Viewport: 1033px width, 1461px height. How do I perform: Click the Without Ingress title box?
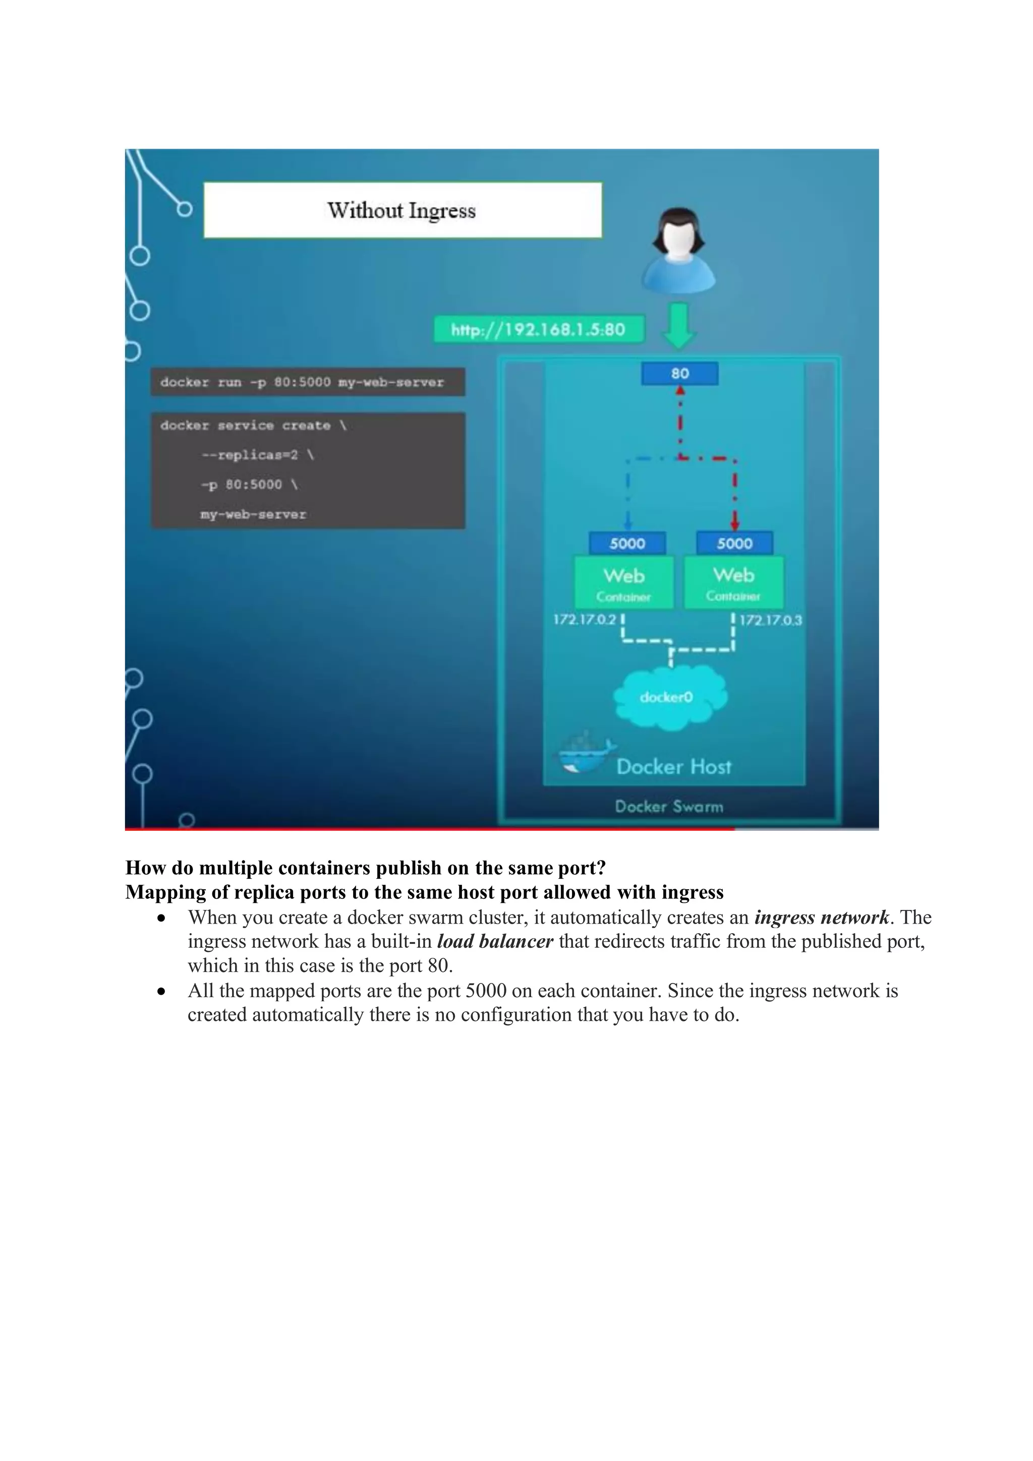[x=402, y=211]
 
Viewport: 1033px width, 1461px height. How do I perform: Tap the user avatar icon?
[x=678, y=250]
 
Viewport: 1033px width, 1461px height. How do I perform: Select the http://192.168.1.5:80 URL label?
[x=539, y=330]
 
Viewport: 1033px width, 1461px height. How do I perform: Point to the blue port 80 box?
[x=680, y=374]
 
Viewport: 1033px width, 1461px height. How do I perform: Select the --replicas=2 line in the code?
[x=257, y=455]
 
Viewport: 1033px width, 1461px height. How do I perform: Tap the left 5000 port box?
[x=627, y=543]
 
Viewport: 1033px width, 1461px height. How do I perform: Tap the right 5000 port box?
[x=734, y=543]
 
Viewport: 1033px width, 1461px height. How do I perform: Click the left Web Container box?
[x=624, y=583]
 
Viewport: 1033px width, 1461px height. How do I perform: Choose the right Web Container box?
[x=733, y=582]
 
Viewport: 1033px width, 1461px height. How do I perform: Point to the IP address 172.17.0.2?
[x=584, y=620]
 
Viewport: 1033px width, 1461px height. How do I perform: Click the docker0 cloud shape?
[x=668, y=697]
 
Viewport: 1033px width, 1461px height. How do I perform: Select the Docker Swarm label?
[x=669, y=807]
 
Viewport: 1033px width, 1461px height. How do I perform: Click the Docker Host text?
[x=674, y=767]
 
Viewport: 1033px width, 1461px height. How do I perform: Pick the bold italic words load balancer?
[x=494, y=942]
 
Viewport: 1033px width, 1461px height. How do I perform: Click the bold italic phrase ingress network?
[x=821, y=918]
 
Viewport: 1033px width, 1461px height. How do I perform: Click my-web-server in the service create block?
[x=253, y=514]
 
